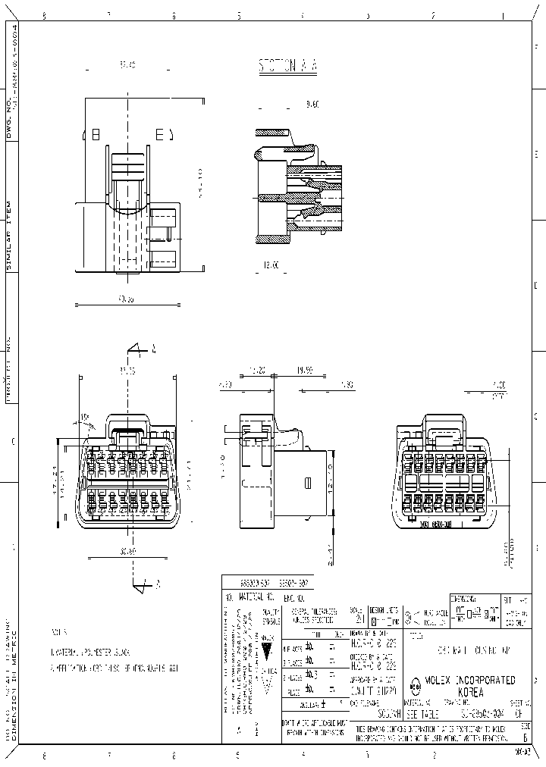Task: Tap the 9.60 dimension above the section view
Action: coord(312,105)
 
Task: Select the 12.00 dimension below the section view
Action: coord(271,265)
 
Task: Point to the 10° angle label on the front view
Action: coord(84,418)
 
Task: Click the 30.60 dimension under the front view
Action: coord(127,551)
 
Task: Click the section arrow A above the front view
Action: coord(141,350)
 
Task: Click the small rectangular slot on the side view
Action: coord(308,482)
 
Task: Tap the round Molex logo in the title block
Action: coord(415,687)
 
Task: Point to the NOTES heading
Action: coord(60,631)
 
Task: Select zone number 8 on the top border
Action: coord(43,15)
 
